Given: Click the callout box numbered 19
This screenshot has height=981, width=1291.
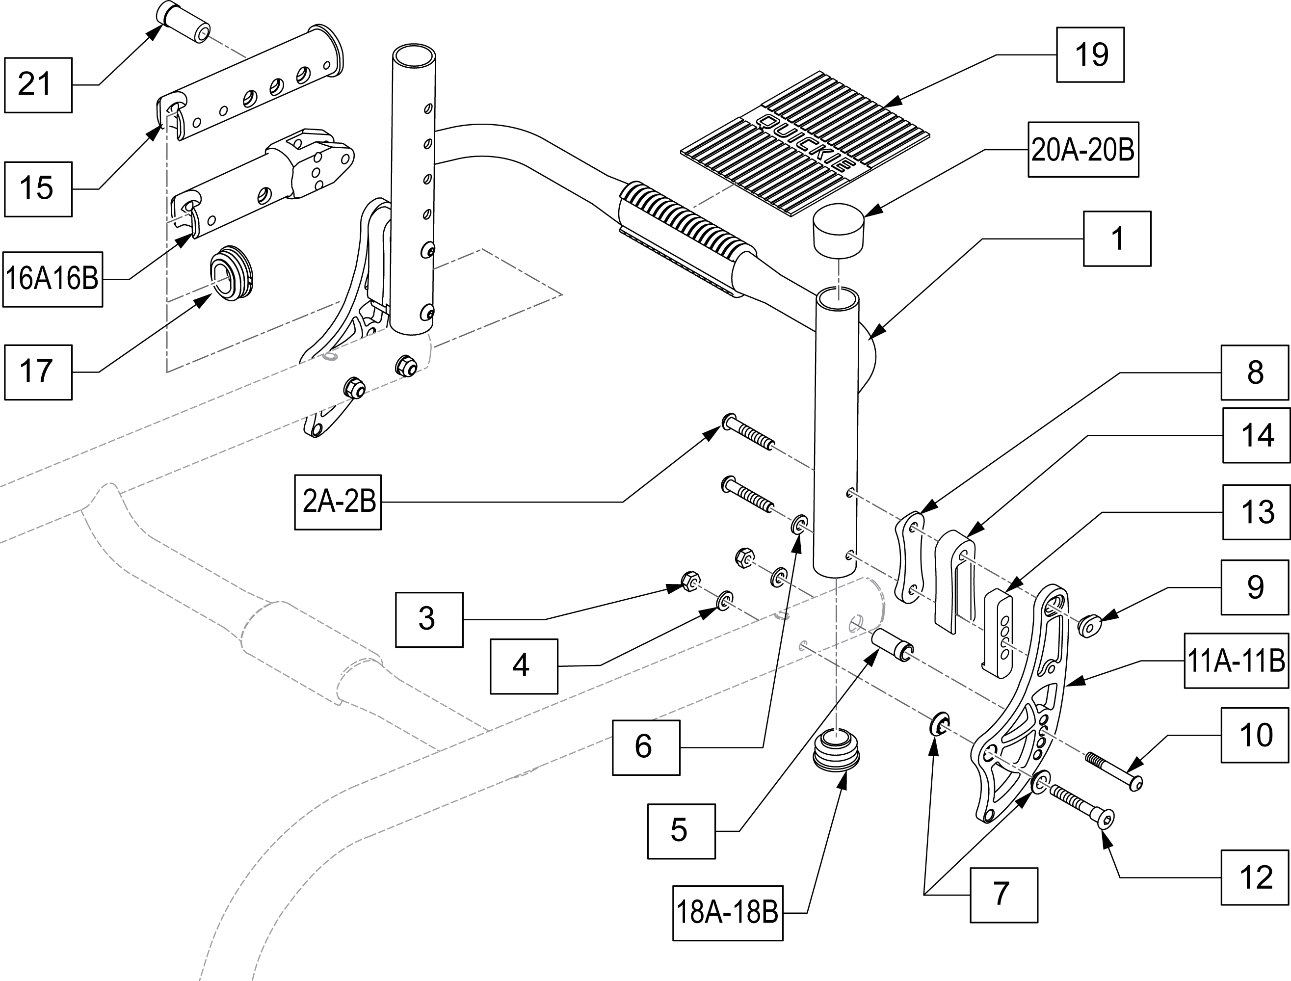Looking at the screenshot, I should pyautogui.click(x=1089, y=55).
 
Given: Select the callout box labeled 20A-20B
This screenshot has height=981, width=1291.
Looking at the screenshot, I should pyautogui.click(x=1082, y=150).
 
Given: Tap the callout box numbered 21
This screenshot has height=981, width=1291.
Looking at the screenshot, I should pyautogui.click(x=38, y=85).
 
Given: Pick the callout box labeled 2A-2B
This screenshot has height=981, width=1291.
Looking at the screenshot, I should pyautogui.click(x=338, y=502).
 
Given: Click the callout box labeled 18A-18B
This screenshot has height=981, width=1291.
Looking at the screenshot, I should pyautogui.click(x=727, y=913).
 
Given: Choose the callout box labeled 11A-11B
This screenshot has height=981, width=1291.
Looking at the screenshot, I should pyautogui.click(x=1236, y=661).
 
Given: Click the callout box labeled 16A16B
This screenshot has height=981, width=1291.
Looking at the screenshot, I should pyautogui.click(x=53, y=279).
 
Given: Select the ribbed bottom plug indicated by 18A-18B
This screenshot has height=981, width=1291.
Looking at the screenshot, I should pyautogui.click(x=836, y=754).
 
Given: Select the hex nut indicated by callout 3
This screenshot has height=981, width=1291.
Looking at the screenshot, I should pyautogui.click(x=689, y=581).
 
